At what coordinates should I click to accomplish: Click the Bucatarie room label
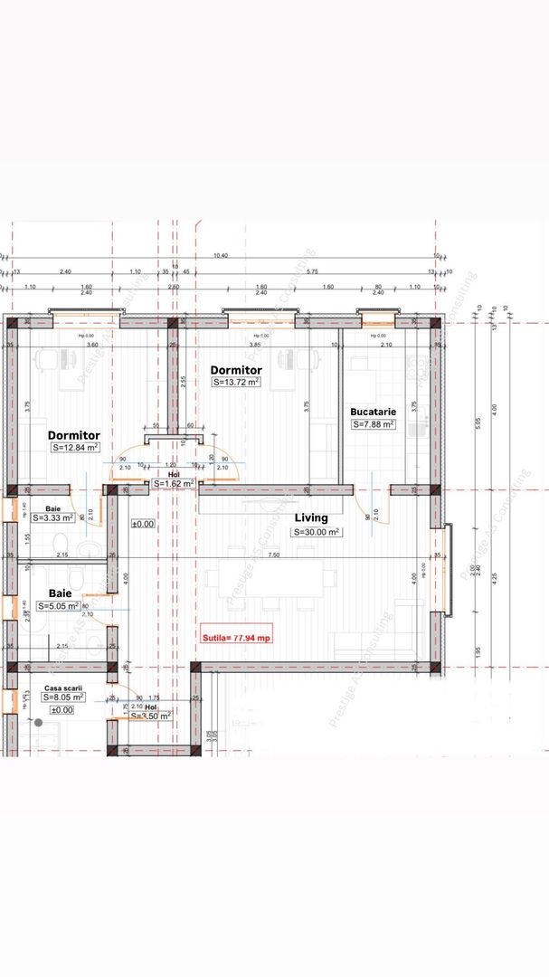374,412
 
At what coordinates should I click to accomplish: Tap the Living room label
311,518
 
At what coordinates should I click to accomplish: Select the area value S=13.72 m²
236,383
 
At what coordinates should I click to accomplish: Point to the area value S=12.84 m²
75,447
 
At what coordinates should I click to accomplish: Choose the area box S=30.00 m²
316,532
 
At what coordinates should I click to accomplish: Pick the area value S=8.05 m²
63,697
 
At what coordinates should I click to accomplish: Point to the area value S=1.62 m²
174,484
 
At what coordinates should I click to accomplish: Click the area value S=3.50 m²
150,716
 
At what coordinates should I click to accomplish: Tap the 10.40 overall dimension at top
220,256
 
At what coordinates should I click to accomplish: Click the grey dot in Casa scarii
38,722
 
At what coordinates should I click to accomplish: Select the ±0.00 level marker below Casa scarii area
61,710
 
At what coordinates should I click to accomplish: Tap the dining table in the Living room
264,579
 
